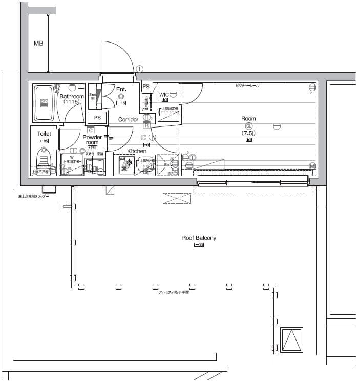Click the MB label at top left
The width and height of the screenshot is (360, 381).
pyautogui.click(x=38, y=44)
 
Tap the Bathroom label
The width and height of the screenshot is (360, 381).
pyautogui.click(x=71, y=96)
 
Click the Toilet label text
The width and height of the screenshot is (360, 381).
pyautogui.click(x=44, y=133)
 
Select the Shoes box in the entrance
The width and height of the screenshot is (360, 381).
pyautogui.click(x=93, y=96)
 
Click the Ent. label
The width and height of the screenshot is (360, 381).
pyautogui.click(x=121, y=89)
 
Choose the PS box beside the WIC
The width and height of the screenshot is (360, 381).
pyautogui.click(x=146, y=87)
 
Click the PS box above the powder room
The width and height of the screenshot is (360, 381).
pyautogui.click(x=97, y=117)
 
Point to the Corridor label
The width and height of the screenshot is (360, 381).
pyautogui.click(x=128, y=120)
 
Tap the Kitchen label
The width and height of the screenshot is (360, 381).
pyautogui.click(x=137, y=151)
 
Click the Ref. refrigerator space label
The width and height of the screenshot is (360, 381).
pyautogui.click(x=167, y=165)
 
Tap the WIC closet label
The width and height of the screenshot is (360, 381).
pyautogui.click(x=164, y=95)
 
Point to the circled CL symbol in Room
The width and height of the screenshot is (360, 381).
pyautogui.click(x=249, y=125)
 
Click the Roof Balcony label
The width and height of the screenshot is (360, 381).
pyautogui.click(x=199, y=238)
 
